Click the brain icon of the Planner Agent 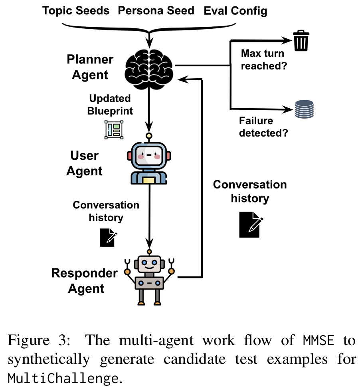coord(149,66)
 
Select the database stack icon coord(304,109)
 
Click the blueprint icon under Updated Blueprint coord(114,129)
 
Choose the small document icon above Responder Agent coord(108,237)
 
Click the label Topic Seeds coord(76,11)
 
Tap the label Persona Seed coord(156,11)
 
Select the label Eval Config coord(235,11)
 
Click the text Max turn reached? coord(263,60)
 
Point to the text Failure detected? coord(263,127)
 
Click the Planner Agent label coord(90,67)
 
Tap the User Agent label coord(85,163)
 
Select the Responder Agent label coord(85,281)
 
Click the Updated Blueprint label coord(110,104)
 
